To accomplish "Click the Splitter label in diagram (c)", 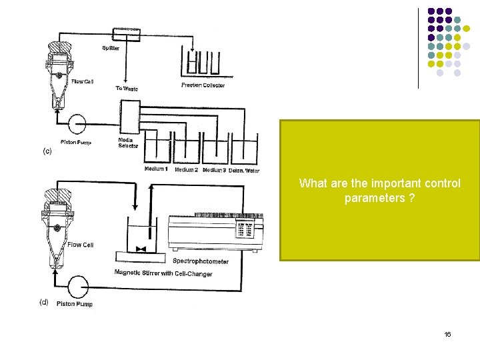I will (x=111, y=47).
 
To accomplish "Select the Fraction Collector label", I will (x=203, y=85).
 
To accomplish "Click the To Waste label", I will (x=127, y=88).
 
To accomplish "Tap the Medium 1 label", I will (x=156, y=169).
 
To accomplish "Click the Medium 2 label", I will (x=186, y=169).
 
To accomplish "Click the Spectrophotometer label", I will (x=200, y=261).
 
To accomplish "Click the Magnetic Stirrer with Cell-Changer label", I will (x=163, y=273).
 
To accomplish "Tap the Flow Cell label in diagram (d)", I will (x=80, y=245).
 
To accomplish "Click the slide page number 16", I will (x=447, y=333).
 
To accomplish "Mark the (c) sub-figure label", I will (x=47, y=151).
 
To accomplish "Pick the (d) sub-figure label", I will (x=44, y=302).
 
